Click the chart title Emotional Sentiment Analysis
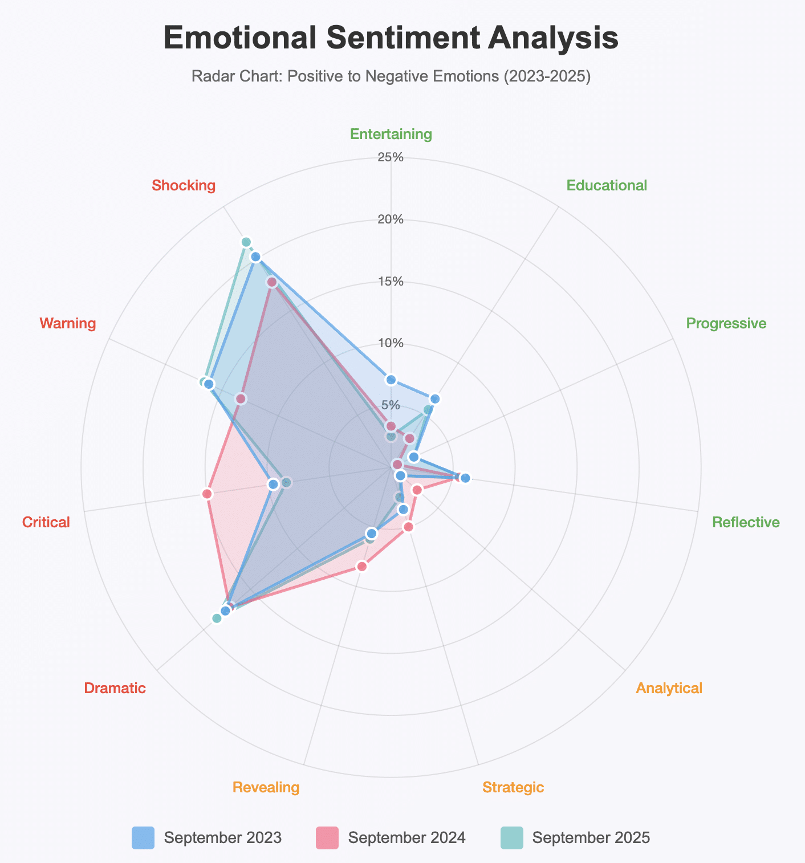point(391,39)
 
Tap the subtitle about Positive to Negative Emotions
point(391,76)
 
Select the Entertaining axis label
point(391,135)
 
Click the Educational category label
point(607,185)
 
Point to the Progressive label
point(726,324)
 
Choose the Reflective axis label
point(746,522)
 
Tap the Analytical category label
point(669,688)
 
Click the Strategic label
point(513,788)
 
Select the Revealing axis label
point(266,788)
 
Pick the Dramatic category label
point(115,688)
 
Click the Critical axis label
point(46,522)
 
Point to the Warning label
point(67,324)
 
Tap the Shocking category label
point(184,185)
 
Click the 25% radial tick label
point(391,157)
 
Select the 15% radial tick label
point(391,282)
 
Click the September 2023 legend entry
point(207,838)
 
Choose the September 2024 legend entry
point(391,838)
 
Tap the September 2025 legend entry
point(575,838)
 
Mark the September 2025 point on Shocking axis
point(246,242)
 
